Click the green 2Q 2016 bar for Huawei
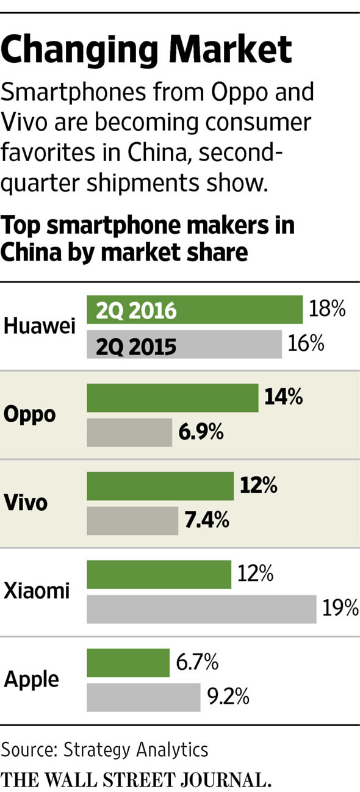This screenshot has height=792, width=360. [x=195, y=311]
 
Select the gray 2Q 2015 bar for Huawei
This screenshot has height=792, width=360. [x=184, y=345]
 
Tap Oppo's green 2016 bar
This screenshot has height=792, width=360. [x=172, y=398]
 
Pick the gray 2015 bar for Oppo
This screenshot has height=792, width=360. [x=129, y=433]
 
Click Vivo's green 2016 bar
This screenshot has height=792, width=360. [x=160, y=486]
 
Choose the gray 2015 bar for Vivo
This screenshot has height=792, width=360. [x=132, y=520]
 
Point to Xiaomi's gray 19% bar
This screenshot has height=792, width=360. [x=201, y=608]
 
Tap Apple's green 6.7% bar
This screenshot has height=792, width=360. [x=128, y=663]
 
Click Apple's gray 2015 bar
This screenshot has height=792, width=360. [x=143, y=697]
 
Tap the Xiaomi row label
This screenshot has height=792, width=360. [x=37, y=591]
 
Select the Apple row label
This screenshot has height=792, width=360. [x=32, y=679]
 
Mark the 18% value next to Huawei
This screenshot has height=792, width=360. [x=327, y=309]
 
